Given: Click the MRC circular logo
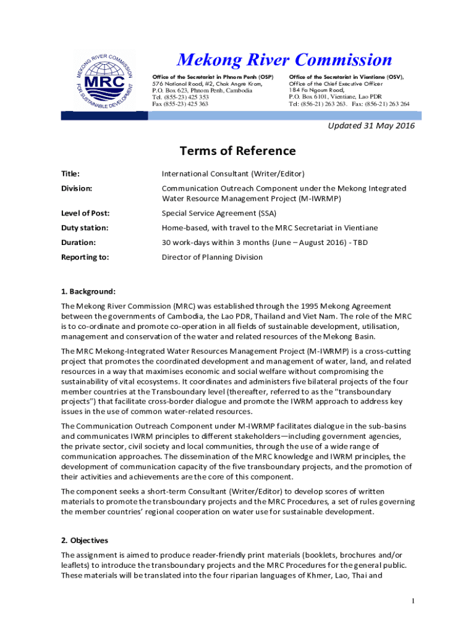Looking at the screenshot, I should (104, 81).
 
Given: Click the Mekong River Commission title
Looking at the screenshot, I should (284, 60).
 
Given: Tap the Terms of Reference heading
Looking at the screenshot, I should (237, 151).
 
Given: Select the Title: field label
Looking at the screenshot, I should (70, 174).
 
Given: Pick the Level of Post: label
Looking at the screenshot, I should (85, 214).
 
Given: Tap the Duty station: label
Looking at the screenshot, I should (85, 228).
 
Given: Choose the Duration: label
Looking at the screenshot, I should (78, 243).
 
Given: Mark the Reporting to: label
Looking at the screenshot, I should (85, 257).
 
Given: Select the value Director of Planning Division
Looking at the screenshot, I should (212, 257).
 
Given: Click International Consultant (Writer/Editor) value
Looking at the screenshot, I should (233, 174).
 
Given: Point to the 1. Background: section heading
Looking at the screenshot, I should (88, 291).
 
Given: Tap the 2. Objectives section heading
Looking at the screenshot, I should (84, 540).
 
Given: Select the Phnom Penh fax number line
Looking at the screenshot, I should (180, 104).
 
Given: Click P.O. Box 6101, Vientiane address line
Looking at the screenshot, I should (335, 97).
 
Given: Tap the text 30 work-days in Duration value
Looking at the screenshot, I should (185, 243).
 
